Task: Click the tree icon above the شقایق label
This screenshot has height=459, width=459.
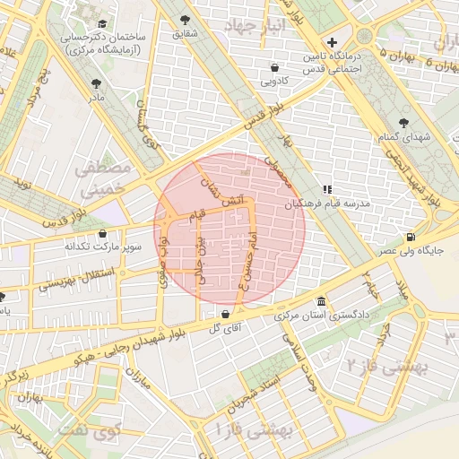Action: [186, 19]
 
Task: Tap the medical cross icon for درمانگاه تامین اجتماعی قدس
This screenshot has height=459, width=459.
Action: [332, 42]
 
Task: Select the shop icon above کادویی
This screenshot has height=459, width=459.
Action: [275, 67]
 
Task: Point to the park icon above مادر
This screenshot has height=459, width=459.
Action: [95, 83]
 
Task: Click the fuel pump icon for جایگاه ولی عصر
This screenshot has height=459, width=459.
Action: [411, 237]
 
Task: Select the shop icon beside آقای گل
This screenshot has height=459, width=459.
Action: [225, 315]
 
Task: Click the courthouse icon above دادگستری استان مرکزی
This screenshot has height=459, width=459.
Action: [321, 302]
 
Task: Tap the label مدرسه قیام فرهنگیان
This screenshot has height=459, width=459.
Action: [368, 204]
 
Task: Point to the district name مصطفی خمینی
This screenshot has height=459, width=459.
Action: [101, 179]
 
